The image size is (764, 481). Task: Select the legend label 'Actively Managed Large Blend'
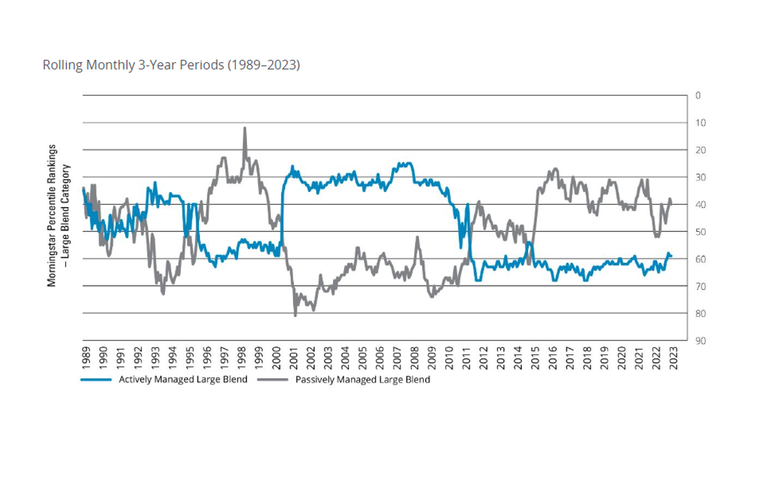183,380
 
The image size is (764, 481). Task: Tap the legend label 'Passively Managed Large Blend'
363,380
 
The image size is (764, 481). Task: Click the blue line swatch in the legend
96,380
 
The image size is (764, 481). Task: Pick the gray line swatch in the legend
273,380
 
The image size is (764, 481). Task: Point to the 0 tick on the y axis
698,95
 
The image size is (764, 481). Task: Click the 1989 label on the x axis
86,358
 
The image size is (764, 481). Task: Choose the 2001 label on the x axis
294,358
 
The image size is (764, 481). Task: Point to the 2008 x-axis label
415,358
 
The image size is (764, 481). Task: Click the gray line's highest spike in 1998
245,128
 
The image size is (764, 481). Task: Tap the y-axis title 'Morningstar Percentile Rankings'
52,216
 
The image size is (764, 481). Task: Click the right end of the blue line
671,256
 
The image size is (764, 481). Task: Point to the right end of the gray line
671,204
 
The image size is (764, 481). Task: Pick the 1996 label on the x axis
207,358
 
